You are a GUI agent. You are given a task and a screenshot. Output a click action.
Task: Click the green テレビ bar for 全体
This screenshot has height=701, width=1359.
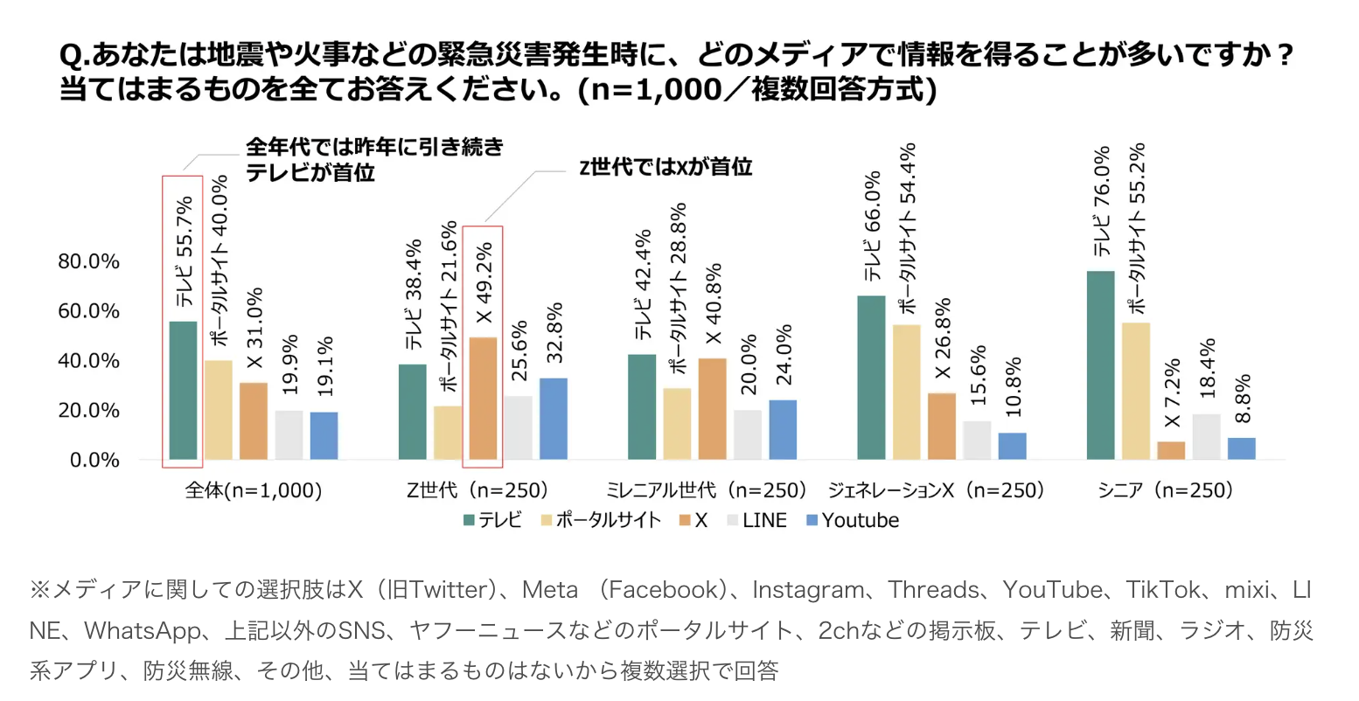pyautogui.click(x=183, y=391)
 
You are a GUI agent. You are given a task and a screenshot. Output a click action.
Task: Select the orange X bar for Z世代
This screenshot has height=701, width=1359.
pyautogui.click(x=484, y=399)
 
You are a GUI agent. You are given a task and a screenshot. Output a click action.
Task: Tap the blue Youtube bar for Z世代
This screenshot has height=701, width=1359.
pyautogui.click(x=554, y=419)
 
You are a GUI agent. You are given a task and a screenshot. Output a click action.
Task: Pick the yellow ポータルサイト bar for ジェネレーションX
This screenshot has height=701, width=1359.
pyautogui.click(x=907, y=392)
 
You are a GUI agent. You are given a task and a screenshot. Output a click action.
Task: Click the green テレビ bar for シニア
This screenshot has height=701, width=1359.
pyautogui.click(x=1101, y=365)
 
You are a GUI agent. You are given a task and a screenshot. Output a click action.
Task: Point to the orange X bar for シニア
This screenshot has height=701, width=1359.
pyautogui.click(x=1172, y=450)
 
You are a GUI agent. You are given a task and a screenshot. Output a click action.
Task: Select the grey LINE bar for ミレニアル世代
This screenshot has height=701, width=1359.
pyautogui.click(x=748, y=434)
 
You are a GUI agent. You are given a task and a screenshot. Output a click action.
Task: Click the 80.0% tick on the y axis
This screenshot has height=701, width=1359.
pyautogui.click(x=89, y=262)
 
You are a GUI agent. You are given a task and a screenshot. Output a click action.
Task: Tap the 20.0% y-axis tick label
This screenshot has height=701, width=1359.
pyautogui.click(x=89, y=411)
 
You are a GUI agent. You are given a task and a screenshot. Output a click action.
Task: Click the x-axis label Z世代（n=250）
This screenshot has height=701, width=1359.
pyautogui.click(x=477, y=490)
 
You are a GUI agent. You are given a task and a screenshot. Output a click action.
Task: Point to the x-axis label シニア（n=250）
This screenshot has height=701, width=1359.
pyautogui.click(x=1166, y=490)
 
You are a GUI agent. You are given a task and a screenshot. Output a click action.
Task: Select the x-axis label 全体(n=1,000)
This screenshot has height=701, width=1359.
pyautogui.click(x=254, y=490)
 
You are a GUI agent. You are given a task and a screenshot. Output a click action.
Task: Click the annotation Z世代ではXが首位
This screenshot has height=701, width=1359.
pyautogui.click(x=666, y=167)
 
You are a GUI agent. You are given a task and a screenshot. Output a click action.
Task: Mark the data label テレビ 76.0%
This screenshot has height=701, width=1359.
pyautogui.click(x=1101, y=200)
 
